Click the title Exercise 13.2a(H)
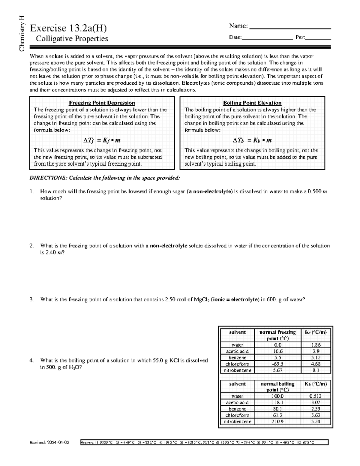coord(68,28)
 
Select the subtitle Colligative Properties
coord(72,39)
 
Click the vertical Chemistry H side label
coord(22,33)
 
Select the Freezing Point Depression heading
coord(102,103)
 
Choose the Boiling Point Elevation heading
coord(252,103)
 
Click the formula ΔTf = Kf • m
coord(102,140)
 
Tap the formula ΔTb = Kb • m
coord(252,140)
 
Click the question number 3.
coord(31,299)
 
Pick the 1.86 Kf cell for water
coord(316,345)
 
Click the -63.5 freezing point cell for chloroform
coord(277,364)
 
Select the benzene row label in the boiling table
coord(237,409)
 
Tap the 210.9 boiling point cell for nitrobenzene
coord(277,422)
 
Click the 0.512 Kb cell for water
coord(316,396)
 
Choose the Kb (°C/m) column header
coord(316,384)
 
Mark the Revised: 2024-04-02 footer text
coord(49,442)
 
